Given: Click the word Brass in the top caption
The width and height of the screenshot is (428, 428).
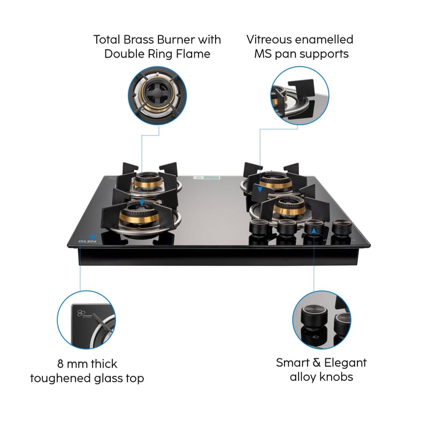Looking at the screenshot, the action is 139,40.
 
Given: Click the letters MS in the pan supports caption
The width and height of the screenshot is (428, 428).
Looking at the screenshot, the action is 263,54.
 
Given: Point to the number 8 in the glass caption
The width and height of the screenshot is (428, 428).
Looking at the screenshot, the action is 60,364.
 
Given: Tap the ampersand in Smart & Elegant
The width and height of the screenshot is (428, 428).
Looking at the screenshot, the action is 317,363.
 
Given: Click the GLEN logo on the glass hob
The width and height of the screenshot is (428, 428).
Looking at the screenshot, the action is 87,241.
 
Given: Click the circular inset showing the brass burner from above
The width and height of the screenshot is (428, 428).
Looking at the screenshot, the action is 157,96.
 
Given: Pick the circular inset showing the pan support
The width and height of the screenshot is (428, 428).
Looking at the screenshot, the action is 300,96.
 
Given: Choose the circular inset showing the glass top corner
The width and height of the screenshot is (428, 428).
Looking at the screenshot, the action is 86,319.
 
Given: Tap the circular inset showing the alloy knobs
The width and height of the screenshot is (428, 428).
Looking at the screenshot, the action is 322,319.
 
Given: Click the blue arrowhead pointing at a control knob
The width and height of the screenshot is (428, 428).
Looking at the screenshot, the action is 314,231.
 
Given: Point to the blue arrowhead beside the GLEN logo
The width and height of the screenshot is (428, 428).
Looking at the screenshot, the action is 93,236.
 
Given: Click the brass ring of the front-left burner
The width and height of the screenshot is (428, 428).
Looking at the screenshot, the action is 139,218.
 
